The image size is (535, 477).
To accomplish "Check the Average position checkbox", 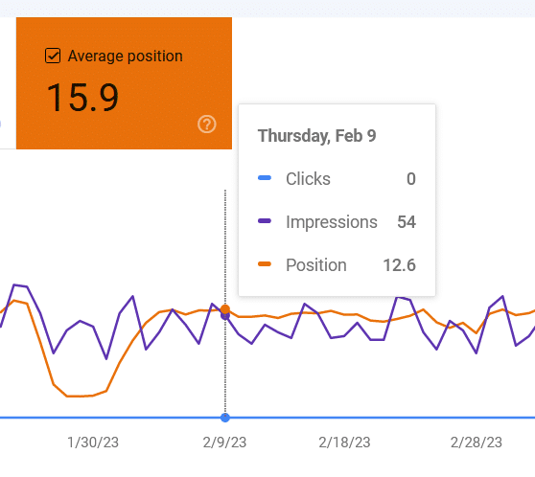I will pos(53,57).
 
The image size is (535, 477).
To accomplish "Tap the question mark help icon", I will pos(206,125).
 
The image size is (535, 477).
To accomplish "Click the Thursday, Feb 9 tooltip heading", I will pos(316,136).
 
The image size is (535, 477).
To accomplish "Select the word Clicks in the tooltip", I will pos(308,179).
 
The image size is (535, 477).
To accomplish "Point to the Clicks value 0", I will pos(410,179).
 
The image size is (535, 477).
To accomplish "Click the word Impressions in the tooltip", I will pos(332,222).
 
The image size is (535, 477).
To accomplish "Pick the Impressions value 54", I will pos(406,222).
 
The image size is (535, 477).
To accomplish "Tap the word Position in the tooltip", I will pos(316,265).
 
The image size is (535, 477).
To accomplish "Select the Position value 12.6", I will pos(398,265).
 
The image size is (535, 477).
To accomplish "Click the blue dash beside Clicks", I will pos(266,179).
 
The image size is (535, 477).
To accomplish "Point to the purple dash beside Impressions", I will pos(266,222).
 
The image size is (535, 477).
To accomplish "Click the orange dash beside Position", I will pos(266,265).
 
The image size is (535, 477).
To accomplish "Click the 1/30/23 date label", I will pos(94,443).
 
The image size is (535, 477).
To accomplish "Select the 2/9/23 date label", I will pos(225,443).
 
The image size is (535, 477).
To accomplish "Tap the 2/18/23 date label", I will pos(344,443).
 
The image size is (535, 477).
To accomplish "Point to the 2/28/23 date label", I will pos(477,443).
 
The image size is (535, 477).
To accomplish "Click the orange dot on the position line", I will pos(225,309).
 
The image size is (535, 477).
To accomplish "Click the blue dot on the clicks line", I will pos(225,418).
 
